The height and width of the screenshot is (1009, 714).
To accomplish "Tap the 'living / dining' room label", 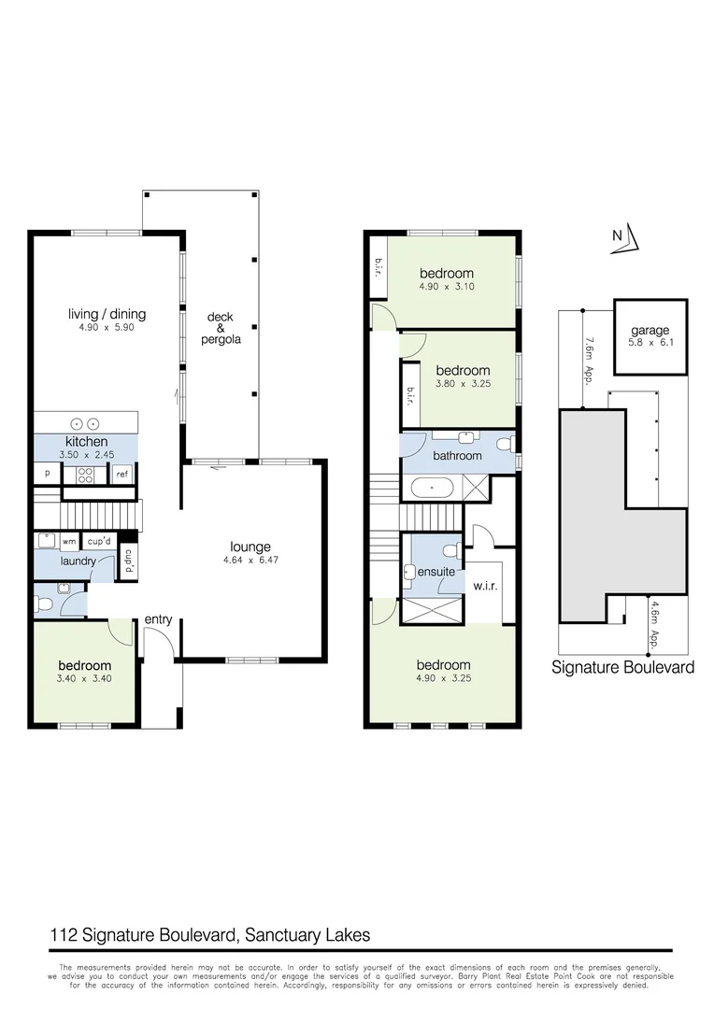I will coord(107,314).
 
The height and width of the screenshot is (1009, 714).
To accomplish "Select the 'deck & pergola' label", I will coord(222,329).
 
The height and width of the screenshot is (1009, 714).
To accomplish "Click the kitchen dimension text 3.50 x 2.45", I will coord(87,455).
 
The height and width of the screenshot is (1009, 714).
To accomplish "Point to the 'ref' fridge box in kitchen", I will coord(121,475).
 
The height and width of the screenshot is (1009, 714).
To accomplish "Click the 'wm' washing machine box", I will coord(69,541).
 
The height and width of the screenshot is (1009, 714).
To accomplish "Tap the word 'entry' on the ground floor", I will coord(158,619).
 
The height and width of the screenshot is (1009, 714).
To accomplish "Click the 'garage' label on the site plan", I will coord(649,331).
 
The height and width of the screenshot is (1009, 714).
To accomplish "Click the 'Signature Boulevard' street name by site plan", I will coord(622,667).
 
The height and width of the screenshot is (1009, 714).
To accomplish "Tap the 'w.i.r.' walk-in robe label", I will coord(484,587).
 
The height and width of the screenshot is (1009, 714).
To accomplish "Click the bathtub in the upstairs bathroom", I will coord(431,487).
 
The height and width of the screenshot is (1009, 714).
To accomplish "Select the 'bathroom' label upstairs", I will coord(457,456).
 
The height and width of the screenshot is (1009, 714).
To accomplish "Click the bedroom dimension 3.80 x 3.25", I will coord(462,384).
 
